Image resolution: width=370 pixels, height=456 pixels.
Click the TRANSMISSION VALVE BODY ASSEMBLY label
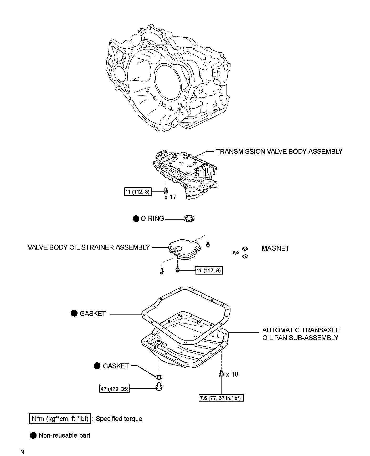(x=279, y=151)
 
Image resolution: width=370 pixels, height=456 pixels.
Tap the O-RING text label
(x=152, y=219)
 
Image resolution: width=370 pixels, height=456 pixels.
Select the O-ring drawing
(x=189, y=219)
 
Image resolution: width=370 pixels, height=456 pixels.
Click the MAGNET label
(x=275, y=248)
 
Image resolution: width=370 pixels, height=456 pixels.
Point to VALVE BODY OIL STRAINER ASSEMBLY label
(x=89, y=247)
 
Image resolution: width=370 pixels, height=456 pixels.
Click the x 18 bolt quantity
(x=232, y=374)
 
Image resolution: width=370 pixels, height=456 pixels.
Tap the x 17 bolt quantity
(x=170, y=197)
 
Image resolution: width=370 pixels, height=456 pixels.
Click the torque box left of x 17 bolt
(x=137, y=192)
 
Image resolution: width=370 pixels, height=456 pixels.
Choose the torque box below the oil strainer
(x=209, y=270)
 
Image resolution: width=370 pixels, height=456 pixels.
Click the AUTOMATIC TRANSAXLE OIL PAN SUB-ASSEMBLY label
(x=301, y=334)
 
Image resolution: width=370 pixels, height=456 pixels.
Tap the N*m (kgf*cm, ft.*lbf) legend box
(x=60, y=419)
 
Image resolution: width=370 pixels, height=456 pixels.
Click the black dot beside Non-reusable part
(x=33, y=435)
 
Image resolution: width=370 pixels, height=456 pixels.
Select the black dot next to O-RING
(x=136, y=219)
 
